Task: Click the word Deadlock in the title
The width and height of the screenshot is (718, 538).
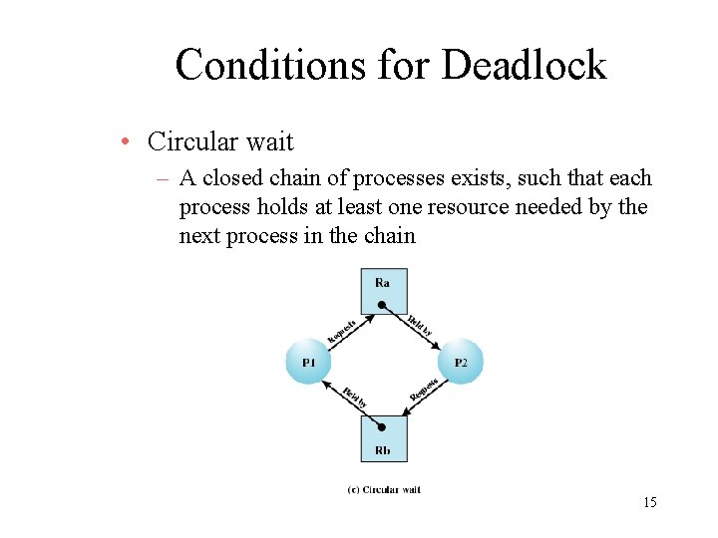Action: pos(524,66)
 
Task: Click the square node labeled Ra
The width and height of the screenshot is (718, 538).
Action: pos(383,291)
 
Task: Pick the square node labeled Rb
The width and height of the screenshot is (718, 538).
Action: pos(383,437)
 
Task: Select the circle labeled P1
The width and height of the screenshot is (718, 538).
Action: pos(309,363)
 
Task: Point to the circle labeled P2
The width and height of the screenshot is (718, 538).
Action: pos(460,363)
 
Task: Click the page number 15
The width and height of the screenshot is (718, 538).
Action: pos(649,502)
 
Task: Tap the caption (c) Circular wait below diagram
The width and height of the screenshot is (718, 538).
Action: pos(384,489)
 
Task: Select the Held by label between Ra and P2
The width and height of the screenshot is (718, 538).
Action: pos(420,325)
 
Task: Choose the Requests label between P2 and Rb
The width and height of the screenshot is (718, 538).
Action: pos(424,390)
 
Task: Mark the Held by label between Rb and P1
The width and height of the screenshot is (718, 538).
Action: pos(354,398)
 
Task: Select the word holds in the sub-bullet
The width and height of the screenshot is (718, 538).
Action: pos(281,207)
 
